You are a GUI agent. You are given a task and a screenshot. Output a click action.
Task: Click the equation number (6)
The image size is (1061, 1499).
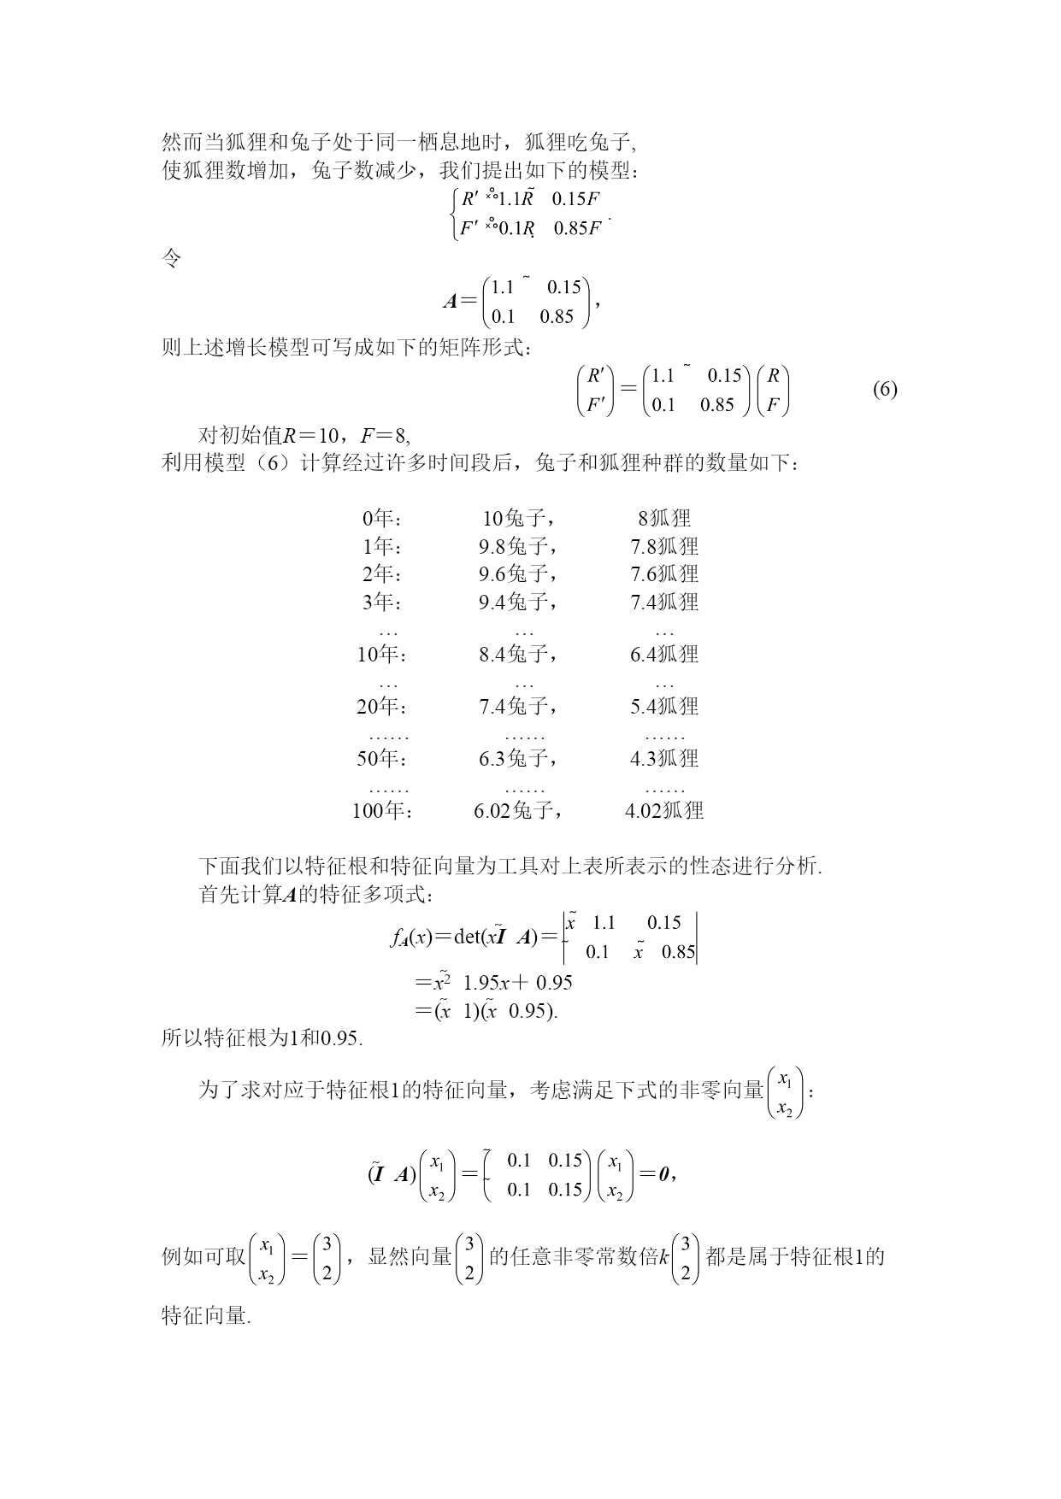pyautogui.click(x=885, y=390)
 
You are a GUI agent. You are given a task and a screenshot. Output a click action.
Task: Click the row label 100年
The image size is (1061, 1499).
pyautogui.click(x=382, y=810)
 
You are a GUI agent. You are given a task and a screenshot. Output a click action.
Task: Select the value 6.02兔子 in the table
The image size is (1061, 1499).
pyautogui.click(x=518, y=810)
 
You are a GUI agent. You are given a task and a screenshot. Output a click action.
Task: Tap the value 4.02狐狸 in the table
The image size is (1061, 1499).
pyautogui.click(x=664, y=810)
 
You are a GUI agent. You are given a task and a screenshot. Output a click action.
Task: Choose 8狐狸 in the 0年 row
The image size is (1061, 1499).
pyautogui.click(x=664, y=518)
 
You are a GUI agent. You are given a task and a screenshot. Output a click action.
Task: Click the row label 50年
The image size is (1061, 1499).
pyautogui.click(x=382, y=758)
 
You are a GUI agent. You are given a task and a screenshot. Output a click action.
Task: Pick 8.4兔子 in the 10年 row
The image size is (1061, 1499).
pyautogui.click(x=518, y=655)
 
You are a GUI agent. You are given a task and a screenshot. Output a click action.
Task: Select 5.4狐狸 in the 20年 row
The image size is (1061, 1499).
pyautogui.click(x=664, y=707)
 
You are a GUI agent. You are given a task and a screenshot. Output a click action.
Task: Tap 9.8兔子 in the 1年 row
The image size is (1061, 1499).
pyautogui.click(x=518, y=546)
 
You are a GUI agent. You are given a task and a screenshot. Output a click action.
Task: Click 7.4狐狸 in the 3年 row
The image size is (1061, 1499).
pyautogui.click(x=664, y=603)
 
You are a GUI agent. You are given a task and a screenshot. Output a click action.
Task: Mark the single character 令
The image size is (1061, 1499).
pyautogui.click(x=171, y=258)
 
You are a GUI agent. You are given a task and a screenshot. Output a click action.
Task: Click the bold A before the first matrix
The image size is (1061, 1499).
pyautogui.click(x=451, y=301)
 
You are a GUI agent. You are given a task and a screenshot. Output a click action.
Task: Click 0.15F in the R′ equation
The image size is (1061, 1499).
pyautogui.click(x=576, y=199)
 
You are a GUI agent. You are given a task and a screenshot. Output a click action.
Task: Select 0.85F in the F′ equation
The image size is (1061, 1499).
pyautogui.click(x=578, y=228)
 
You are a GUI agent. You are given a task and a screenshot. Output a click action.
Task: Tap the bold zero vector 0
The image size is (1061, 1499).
pyautogui.click(x=663, y=1174)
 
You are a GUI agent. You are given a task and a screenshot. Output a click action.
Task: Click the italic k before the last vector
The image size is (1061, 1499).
pyautogui.click(x=663, y=1257)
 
